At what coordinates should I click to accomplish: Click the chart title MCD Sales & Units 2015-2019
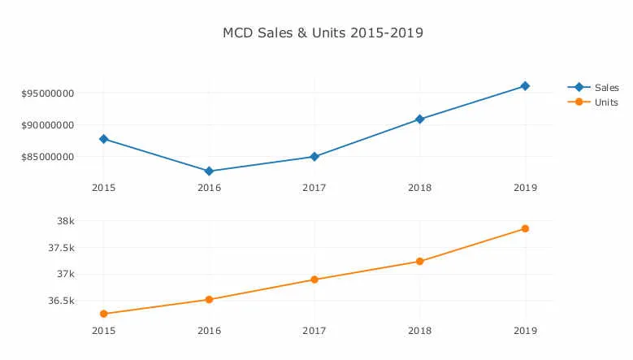[323, 33]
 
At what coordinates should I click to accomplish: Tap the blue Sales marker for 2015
[103, 139]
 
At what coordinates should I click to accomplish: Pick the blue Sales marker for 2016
[209, 171]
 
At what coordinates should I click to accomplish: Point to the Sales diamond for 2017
[314, 157]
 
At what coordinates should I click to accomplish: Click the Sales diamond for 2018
[420, 119]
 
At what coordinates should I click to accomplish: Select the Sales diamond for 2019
[525, 86]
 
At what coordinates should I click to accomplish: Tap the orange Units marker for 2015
[103, 314]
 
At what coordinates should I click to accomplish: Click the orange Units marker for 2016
[209, 300]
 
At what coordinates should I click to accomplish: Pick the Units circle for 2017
[314, 280]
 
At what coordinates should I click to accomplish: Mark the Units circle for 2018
[420, 262]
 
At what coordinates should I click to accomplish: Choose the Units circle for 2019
[525, 228]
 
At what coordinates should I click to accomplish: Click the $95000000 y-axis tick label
[48, 93]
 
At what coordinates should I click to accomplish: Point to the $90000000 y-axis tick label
[48, 125]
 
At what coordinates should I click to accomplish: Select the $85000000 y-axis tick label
[48, 157]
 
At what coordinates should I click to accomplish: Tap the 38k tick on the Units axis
[66, 221]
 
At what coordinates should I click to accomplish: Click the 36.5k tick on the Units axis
[61, 301]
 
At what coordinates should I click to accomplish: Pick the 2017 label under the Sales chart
[314, 188]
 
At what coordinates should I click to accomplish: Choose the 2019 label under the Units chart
[525, 331]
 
